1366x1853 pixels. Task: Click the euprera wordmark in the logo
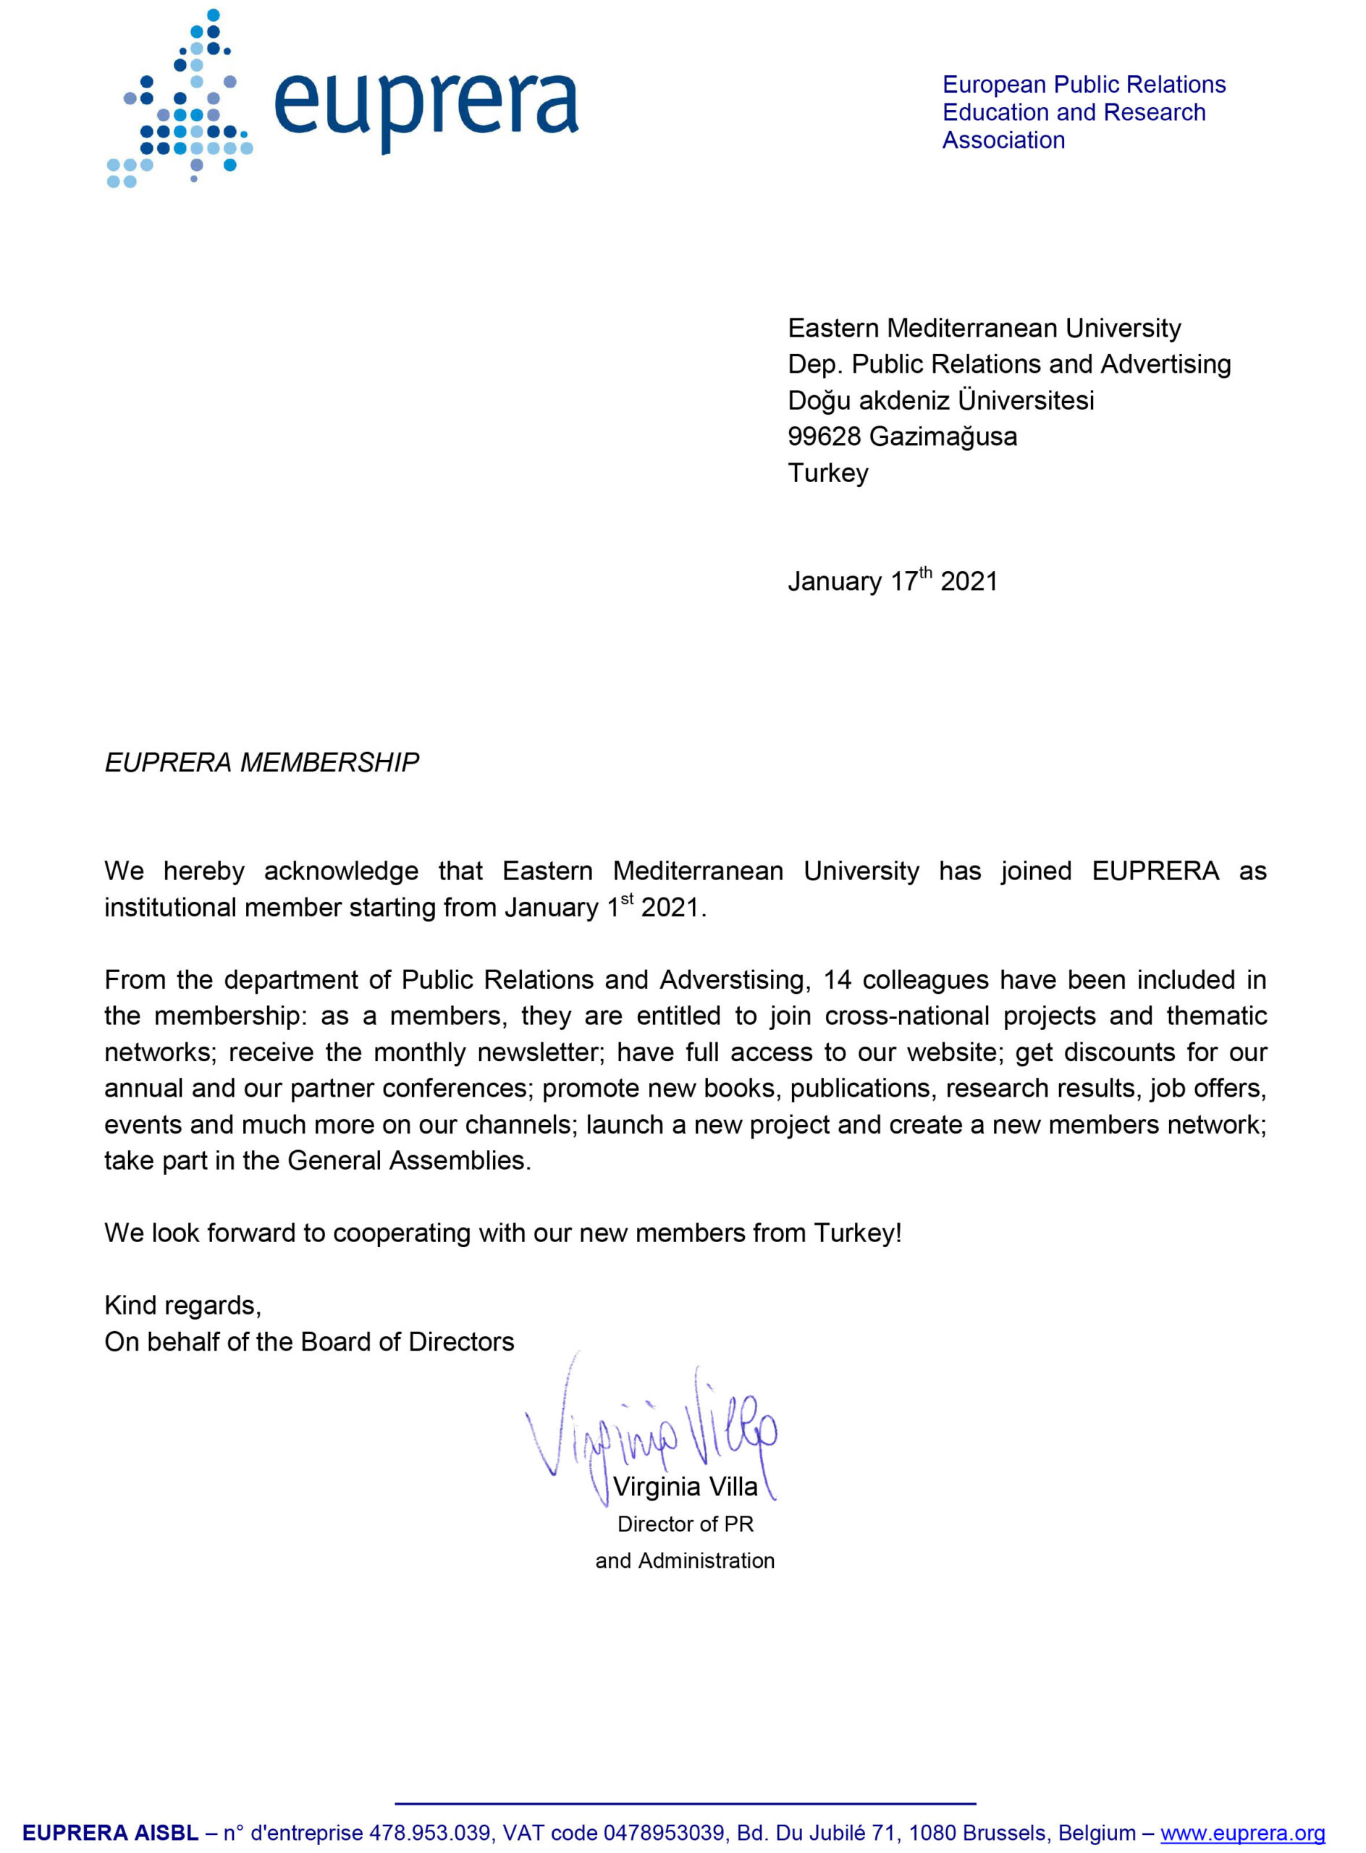425,108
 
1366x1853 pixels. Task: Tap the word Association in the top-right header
1003,140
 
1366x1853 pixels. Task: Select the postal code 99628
824,436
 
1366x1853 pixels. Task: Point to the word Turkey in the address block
827,473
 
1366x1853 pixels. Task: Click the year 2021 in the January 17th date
969,581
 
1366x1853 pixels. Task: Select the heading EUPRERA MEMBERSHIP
261,762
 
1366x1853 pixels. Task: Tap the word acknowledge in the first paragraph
341,871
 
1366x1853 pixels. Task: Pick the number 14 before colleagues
837,980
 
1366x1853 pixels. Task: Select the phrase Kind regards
182,1305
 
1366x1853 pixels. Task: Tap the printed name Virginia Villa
685,1487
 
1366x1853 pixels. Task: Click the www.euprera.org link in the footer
1242,1833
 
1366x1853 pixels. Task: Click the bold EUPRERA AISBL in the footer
110,1833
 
